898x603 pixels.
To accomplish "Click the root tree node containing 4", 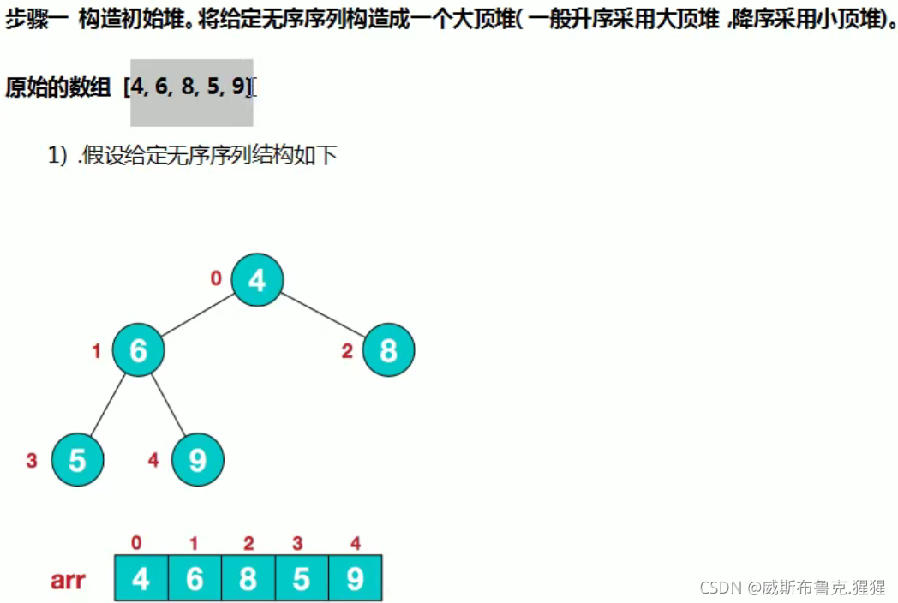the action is (256, 279).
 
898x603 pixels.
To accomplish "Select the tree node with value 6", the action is (138, 350).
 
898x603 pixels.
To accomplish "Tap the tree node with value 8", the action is (388, 350).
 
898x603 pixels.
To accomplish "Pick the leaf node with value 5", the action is (77, 460).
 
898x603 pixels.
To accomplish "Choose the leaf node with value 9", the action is (197, 460).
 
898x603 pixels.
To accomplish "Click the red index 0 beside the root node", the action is (216, 278).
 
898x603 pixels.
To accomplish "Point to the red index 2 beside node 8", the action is (347, 351).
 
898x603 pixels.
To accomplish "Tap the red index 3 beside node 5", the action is (32, 461).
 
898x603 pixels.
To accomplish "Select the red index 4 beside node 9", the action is (153, 461).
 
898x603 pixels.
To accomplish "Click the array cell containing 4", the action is (141, 579).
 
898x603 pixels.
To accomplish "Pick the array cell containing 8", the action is (248, 579).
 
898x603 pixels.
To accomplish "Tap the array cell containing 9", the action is (355, 579).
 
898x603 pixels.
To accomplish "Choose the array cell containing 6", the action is (195, 579).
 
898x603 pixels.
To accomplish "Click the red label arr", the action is (67, 580).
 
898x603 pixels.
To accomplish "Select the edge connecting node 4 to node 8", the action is (323, 314).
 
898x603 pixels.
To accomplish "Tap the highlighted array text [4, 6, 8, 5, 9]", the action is (189, 87).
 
